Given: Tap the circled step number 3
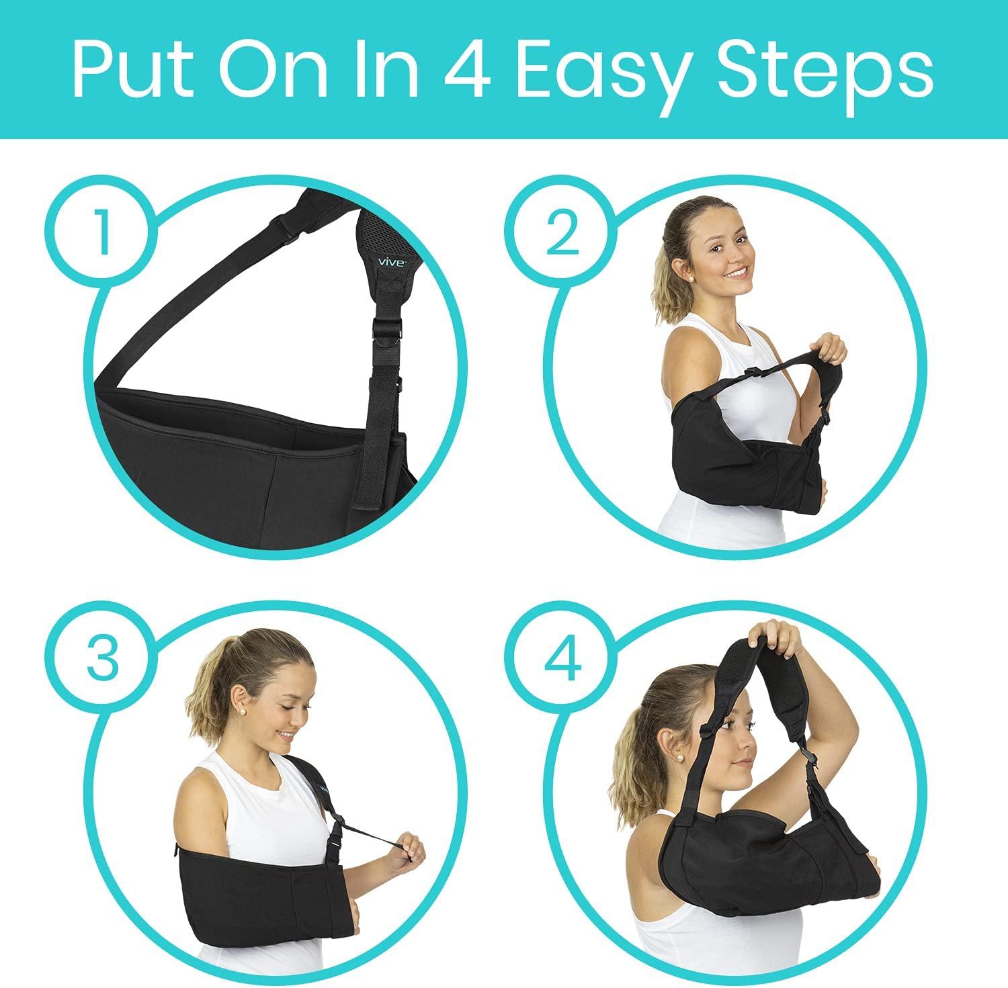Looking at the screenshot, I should pos(102,658).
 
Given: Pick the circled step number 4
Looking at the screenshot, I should pos(562,658).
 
